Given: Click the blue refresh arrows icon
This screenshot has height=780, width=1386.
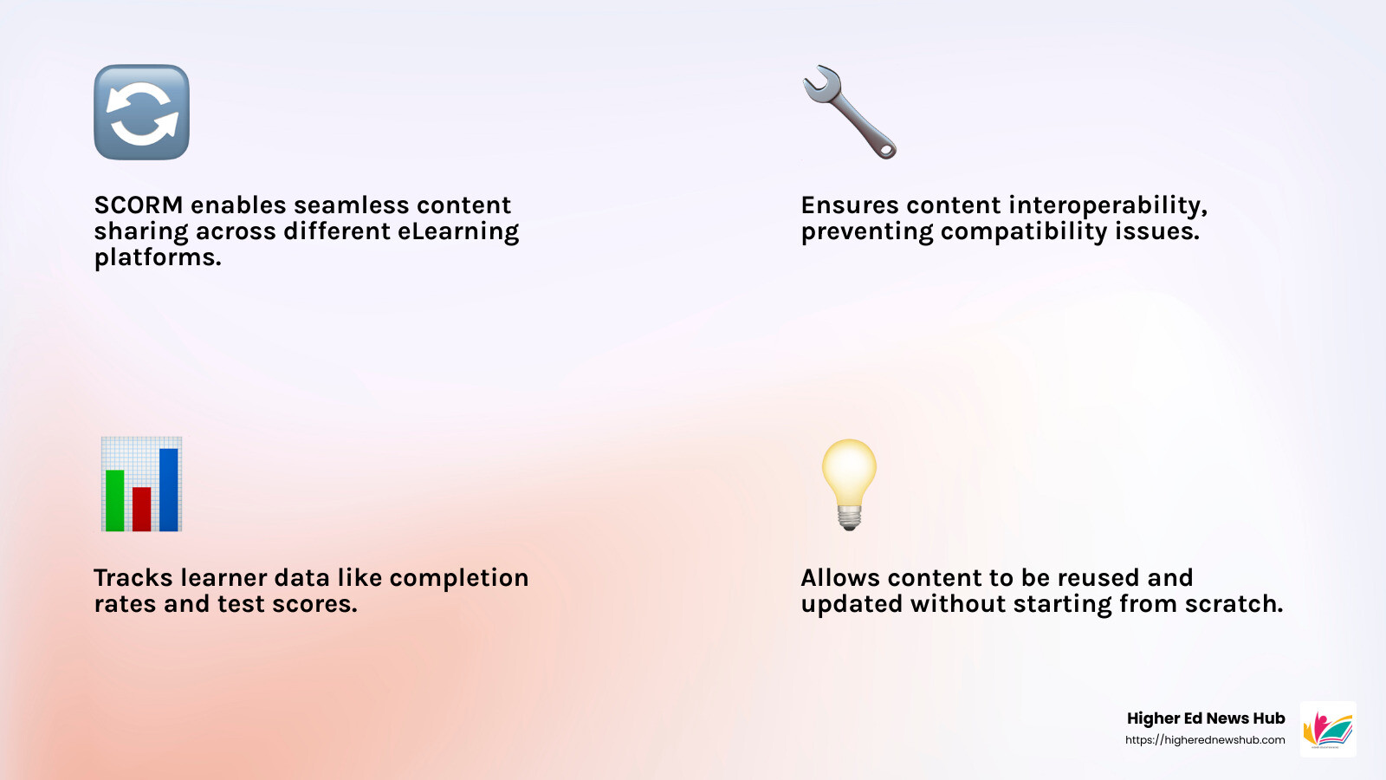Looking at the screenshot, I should coord(141,112).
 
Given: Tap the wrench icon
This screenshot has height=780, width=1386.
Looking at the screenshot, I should coord(850,112).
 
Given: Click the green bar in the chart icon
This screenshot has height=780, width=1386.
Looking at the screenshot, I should coord(114,500).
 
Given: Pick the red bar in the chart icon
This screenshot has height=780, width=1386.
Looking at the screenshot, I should coord(142,509).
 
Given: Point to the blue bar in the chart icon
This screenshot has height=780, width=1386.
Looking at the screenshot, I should coord(169,489).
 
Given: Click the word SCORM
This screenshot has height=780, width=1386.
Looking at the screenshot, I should coord(139,205).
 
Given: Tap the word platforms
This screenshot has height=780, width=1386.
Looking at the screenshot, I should coord(158,258).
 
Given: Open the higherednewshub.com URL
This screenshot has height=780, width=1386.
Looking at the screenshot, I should coord(1205,740).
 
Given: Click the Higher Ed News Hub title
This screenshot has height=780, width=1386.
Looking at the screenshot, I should coord(1205,718).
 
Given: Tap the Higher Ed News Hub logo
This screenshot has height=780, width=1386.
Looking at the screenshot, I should coord(1328,729).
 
